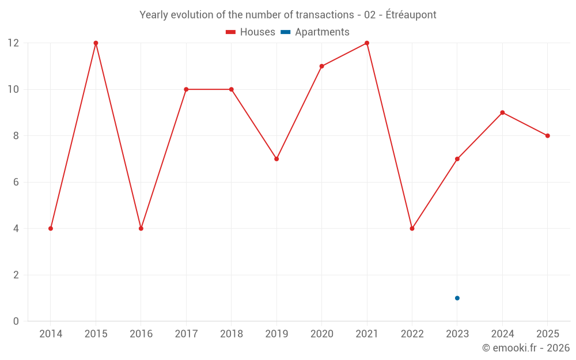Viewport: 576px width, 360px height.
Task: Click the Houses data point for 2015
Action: coord(96,43)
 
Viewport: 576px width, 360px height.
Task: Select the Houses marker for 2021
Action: coord(366,43)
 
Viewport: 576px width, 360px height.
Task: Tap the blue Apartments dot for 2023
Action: coord(457,298)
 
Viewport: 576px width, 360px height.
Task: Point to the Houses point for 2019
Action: coord(276,159)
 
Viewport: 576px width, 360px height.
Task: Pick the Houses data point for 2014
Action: coord(51,229)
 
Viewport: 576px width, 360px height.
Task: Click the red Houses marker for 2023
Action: coord(457,159)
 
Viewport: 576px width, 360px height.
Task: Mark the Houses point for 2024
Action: coord(502,112)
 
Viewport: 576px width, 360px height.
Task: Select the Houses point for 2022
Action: coord(412,229)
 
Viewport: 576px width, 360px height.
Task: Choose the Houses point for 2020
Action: coord(321,66)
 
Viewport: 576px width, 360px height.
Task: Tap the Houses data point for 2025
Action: coord(547,136)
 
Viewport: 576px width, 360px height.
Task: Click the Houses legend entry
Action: coord(251,32)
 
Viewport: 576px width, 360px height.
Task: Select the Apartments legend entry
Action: coord(315,32)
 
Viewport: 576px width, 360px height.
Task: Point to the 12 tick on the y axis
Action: coord(13,43)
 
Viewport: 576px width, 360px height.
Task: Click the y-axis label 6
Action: coord(16,182)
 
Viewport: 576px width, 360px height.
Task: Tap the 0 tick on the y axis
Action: coord(16,321)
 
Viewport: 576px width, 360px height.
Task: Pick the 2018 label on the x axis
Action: coord(232,334)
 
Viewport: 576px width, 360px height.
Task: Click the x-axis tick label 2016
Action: coord(141,334)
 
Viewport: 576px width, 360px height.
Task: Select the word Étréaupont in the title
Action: coord(411,14)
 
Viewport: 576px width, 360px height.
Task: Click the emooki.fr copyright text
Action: coord(526,347)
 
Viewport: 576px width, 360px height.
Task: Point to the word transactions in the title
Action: coord(325,15)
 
